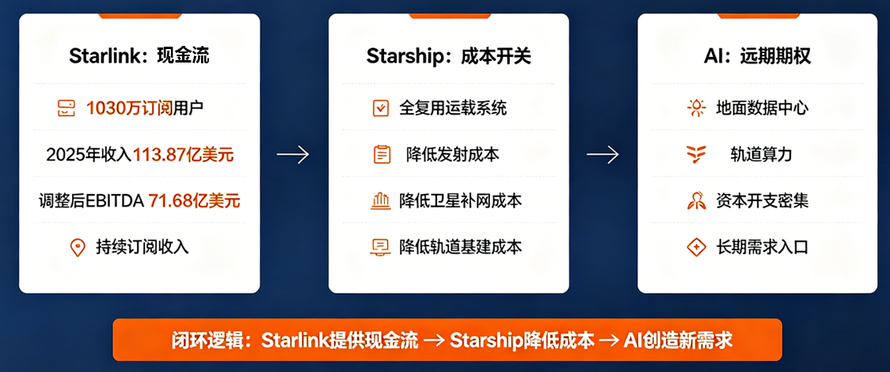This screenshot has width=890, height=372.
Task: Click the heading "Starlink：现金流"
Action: click(x=139, y=55)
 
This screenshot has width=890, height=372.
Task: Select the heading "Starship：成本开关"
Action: click(x=448, y=55)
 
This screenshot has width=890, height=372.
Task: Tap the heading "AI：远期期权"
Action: click(x=757, y=55)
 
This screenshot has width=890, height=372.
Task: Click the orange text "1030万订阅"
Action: click(x=129, y=108)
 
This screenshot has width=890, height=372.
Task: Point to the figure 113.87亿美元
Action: click(x=184, y=154)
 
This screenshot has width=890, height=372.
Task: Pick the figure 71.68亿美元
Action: click(x=194, y=200)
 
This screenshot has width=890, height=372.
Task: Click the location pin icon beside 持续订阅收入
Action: click(x=77, y=247)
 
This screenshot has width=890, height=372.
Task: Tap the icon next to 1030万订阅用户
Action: click(x=67, y=108)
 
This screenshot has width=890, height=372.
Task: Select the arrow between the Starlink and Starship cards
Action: click(x=293, y=155)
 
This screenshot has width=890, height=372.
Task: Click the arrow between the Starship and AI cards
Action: click(x=603, y=155)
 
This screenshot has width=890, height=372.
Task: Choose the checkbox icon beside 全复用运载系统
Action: click(x=380, y=108)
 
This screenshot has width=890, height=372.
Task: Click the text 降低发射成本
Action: click(x=452, y=154)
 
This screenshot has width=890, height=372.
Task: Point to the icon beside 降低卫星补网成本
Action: click(x=380, y=201)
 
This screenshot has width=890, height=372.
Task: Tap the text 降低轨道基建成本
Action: click(x=460, y=247)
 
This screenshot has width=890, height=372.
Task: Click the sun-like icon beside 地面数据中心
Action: click(x=696, y=108)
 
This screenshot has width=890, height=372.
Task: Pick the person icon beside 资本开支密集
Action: click(x=696, y=201)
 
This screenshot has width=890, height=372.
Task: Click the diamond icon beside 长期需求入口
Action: click(x=696, y=247)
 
